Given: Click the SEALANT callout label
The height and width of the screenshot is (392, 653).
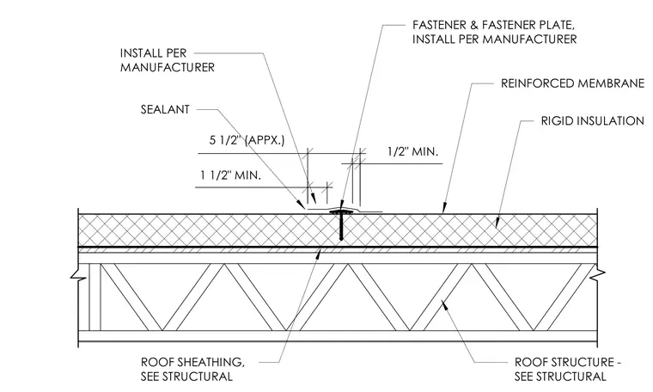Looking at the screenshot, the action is pyautogui.click(x=165, y=109).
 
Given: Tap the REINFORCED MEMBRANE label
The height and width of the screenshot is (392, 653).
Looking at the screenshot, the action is pyautogui.click(x=572, y=83).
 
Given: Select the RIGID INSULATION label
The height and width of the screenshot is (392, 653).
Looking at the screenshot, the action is pyautogui.click(x=592, y=121).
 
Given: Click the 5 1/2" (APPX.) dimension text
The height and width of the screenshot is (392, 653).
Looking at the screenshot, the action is pyautogui.click(x=247, y=140).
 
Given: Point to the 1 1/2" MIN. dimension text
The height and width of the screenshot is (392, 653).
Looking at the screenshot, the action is pyautogui.click(x=231, y=175).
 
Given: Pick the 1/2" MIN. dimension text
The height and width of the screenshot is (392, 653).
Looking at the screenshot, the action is pyautogui.click(x=412, y=151).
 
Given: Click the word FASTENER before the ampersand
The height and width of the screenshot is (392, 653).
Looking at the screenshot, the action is pyautogui.click(x=440, y=25).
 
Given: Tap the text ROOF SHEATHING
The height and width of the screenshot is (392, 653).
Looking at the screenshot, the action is pyautogui.click(x=192, y=362).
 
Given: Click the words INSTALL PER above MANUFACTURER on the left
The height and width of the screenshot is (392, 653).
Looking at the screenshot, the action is pyautogui.click(x=153, y=53).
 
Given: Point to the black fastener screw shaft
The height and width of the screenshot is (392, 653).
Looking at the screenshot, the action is pyautogui.click(x=341, y=227).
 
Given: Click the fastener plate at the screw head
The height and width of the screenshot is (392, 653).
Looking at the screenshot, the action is pyautogui.click(x=341, y=212).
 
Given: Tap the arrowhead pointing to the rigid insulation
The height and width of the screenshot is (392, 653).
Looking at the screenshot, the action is pyautogui.click(x=497, y=224).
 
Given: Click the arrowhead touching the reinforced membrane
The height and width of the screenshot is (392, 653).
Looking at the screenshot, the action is pyautogui.click(x=444, y=209).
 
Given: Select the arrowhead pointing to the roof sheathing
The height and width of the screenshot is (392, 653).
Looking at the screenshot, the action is pyautogui.click(x=318, y=254).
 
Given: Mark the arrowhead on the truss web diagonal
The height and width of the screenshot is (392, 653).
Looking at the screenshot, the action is pyautogui.click(x=444, y=304).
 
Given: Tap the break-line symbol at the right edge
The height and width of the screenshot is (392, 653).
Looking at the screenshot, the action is pyautogui.click(x=601, y=273).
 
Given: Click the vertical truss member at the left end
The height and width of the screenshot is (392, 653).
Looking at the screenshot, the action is pyautogui.click(x=95, y=297).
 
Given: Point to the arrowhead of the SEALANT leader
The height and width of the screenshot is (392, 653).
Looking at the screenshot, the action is pyautogui.click(x=301, y=205).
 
